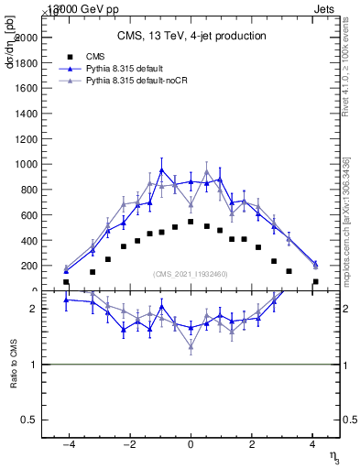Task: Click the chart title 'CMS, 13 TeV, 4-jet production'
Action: pyautogui.click(x=191, y=37)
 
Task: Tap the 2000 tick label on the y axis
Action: pyautogui.click(x=26, y=38)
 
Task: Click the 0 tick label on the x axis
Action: pyautogui.click(x=191, y=444)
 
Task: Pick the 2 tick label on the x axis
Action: pyautogui.click(x=252, y=444)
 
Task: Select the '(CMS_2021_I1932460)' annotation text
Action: pyautogui.click(x=191, y=274)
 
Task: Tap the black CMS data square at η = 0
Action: pyautogui.click(x=191, y=222)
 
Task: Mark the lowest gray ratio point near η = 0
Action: pyautogui.click(x=191, y=347)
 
